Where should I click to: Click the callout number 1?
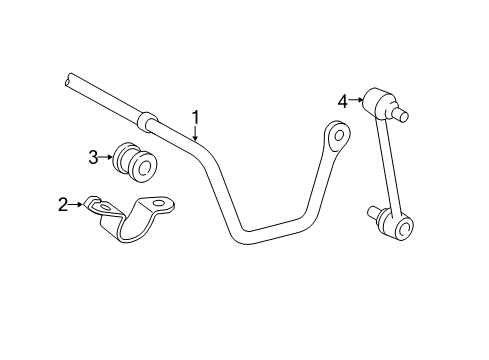(x=196, y=116)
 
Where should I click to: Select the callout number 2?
(x=63, y=205)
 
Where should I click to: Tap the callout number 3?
(x=93, y=156)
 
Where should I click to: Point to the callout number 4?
(x=342, y=100)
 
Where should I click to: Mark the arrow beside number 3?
(x=107, y=156)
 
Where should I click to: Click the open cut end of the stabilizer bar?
(x=68, y=76)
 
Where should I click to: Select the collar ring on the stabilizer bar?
(x=147, y=121)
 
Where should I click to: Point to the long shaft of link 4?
(x=387, y=170)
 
